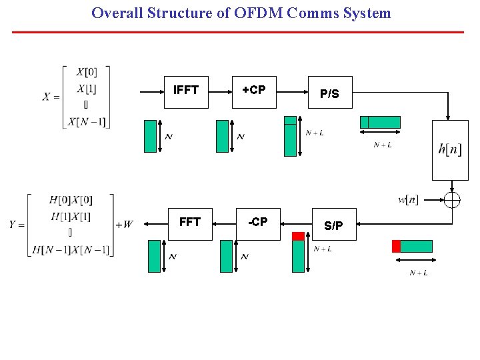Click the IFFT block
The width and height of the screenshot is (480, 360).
pyautogui.click(x=186, y=91)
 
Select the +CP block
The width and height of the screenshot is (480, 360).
pyautogui.click(x=253, y=91)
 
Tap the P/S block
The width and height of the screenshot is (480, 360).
pyautogui.click(x=329, y=94)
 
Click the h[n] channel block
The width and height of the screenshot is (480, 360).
pyautogui.click(x=450, y=150)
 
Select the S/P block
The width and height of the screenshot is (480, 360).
pyautogui.click(x=334, y=225)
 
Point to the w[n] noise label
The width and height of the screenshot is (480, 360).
pyautogui.click(x=408, y=199)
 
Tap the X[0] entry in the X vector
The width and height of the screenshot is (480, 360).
pyautogui.click(x=86, y=72)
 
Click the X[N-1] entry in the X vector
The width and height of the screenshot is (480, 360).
pyautogui.click(x=86, y=121)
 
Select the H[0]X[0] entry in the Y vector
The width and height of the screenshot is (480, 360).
pyautogui.click(x=71, y=200)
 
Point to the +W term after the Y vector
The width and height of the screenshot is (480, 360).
pyautogui.click(x=124, y=225)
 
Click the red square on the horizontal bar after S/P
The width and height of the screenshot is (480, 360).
pyautogui.click(x=396, y=246)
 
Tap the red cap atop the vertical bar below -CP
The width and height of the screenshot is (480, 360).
pyautogui.click(x=298, y=236)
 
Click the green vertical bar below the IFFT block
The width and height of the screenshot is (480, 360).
pyautogui.click(x=151, y=136)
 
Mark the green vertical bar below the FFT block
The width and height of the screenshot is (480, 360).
pyautogui.click(x=154, y=256)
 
